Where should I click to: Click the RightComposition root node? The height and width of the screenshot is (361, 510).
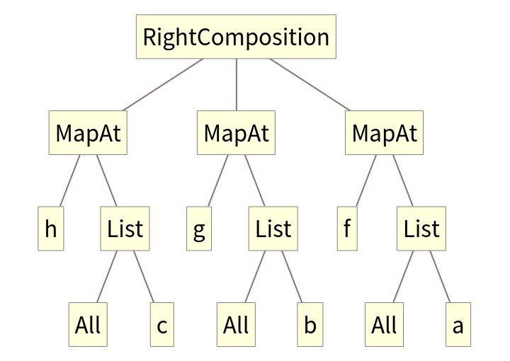(236, 37)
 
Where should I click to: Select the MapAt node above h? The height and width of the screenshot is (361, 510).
(89, 132)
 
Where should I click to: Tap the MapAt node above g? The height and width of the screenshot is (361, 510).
(236, 132)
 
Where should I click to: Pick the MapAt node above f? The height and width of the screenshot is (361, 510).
(384, 132)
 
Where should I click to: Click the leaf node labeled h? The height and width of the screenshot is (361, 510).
(51, 229)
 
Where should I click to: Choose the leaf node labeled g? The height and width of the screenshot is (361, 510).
(199, 229)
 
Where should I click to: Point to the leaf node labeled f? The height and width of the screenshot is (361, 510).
(347, 229)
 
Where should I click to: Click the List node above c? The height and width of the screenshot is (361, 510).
(125, 229)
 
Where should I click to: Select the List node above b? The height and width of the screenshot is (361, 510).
(273, 229)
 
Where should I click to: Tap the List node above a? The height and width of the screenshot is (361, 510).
(421, 229)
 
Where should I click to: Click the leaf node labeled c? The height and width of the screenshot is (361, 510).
(161, 325)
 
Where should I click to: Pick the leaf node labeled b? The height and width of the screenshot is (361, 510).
(310, 325)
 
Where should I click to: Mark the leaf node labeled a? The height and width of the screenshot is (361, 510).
(458, 325)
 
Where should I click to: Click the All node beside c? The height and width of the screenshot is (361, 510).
(88, 325)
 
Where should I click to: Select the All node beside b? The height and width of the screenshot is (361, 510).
(236, 325)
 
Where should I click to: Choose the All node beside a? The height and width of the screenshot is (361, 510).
(384, 325)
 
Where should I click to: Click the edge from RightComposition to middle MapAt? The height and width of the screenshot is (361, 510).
(236, 85)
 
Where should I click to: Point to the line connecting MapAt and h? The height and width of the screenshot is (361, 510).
(69, 180)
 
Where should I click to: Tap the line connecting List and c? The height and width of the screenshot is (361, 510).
(143, 277)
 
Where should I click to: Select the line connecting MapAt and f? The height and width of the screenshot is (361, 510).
(365, 180)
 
